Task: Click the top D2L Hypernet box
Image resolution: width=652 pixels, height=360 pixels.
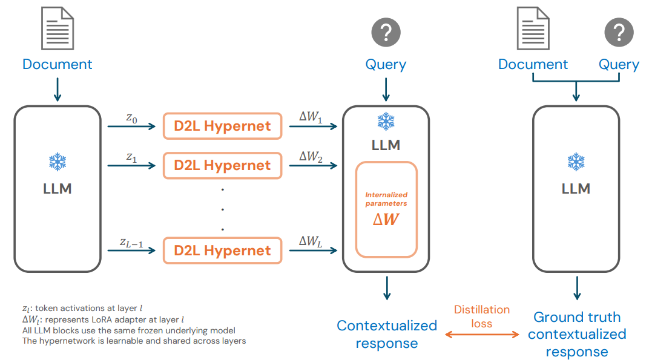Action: click(x=222, y=126)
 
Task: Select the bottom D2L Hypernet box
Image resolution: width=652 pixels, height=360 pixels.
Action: click(x=222, y=250)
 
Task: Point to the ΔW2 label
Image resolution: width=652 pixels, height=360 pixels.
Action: click(x=311, y=156)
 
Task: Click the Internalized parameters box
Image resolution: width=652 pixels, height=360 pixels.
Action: click(x=386, y=209)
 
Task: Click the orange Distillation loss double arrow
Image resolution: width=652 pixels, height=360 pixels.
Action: click(x=481, y=335)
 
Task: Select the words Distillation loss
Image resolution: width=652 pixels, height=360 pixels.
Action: click(x=482, y=316)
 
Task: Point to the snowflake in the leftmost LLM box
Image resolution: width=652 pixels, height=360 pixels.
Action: click(x=58, y=162)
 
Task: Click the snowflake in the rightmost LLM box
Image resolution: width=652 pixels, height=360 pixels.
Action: click(x=576, y=162)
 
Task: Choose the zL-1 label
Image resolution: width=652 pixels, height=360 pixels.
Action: click(x=131, y=244)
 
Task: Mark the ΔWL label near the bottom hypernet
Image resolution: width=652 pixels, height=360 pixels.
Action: click(x=311, y=242)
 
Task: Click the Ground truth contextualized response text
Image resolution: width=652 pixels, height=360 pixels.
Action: click(x=577, y=335)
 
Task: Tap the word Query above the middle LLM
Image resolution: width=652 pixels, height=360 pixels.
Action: click(x=386, y=65)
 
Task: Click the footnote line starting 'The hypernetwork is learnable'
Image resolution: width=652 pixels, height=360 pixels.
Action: click(x=133, y=341)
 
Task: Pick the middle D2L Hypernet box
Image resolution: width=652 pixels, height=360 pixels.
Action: click(x=222, y=165)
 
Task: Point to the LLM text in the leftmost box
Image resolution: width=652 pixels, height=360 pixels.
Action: click(x=58, y=189)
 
